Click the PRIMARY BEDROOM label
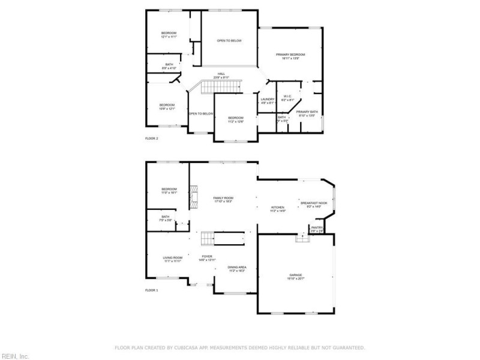(287, 55)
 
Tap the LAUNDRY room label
(268, 99)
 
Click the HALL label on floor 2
(221, 74)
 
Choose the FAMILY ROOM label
(223, 198)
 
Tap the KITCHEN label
(277, 208)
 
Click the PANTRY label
(317, 227)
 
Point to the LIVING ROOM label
(172, 258)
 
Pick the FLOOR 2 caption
(152, 139)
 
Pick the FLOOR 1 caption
(152, 290)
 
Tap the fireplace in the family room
(194, 197)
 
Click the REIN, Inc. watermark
(15, 355)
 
